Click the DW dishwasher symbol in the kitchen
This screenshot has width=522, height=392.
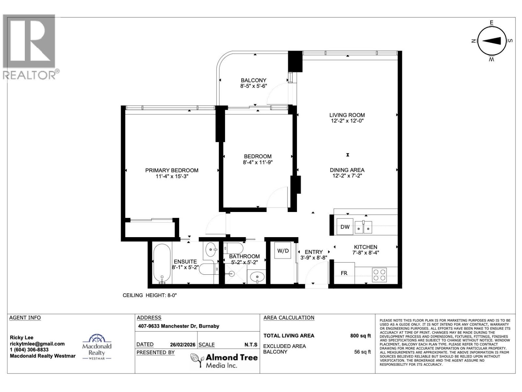(345, 227)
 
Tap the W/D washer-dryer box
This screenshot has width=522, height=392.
(283, 251)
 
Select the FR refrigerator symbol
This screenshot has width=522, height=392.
(344, 273)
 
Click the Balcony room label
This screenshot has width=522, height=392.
(253, 80)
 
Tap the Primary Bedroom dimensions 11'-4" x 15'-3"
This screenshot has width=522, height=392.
(172, 176)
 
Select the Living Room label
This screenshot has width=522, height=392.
(347, 115)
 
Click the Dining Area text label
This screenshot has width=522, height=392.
(347, 170)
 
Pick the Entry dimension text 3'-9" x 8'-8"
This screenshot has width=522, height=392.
(314, 257)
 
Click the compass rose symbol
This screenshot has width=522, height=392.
(492, 41)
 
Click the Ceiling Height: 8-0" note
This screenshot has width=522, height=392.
(149, 295)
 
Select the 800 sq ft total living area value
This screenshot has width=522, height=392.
(360, 335)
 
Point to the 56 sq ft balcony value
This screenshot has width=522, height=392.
(362, 352)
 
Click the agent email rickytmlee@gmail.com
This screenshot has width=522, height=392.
(37, 344)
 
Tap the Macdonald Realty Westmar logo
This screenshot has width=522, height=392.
(97, 348)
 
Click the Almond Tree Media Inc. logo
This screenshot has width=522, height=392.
(224, 361)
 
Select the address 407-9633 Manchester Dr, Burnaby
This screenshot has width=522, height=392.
(178, 326)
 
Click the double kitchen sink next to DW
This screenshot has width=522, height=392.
(363, 227)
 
